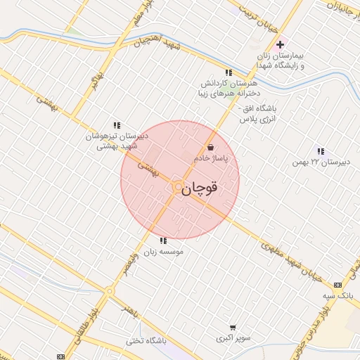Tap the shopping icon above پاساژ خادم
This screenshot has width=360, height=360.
click(x=211, y=148)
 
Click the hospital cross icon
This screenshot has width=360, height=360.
click(x=280, y=45)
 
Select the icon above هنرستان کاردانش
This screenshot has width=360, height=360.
click(x=228, y=72)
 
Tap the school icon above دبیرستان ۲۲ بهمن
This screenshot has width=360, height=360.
click(x=321, y=151)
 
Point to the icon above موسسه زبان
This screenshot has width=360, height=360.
click(x=164, y=240)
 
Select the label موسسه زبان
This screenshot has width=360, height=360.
click(x=163, y=251)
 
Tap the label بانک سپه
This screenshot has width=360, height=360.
click(x=337, y=296)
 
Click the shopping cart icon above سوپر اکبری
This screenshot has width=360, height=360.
click(x=233, y=327)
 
